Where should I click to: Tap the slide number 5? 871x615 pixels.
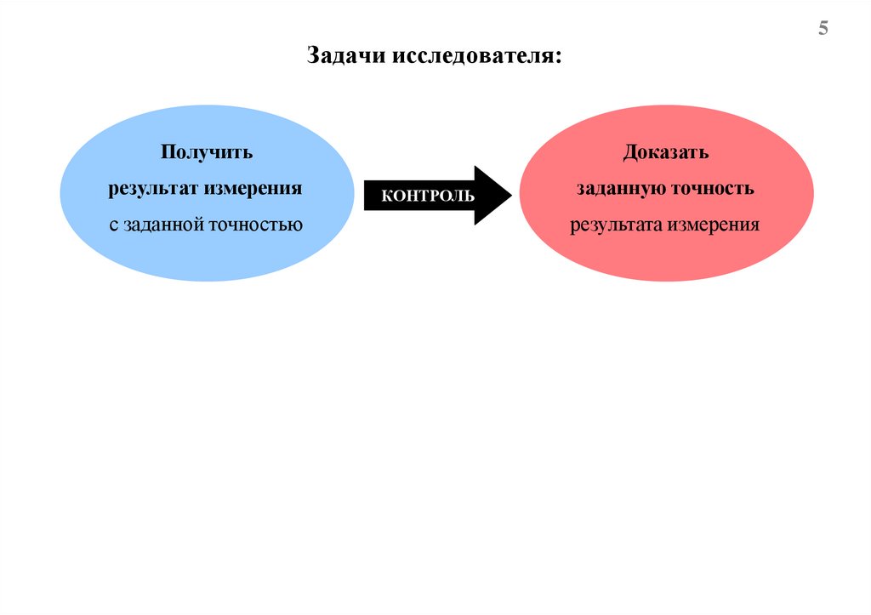pyautogui.click(x=823, y=30)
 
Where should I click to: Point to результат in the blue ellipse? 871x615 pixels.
pyautogui.click(x=152, y=189)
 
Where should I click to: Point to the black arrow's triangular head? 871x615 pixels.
pyautogui.click(x=493, y=196)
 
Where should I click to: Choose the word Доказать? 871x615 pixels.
pyautogui.click(x=665, y=153)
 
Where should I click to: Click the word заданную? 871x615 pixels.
pyautogui.click(x=620, y=189)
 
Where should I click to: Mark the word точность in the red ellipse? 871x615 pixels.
pyautogui.click(x=714, y=189)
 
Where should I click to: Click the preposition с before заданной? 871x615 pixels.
pyautogui.click(x=114, y=226)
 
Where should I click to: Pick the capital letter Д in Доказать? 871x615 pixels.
pyautogui.click(x=629, y=154)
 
